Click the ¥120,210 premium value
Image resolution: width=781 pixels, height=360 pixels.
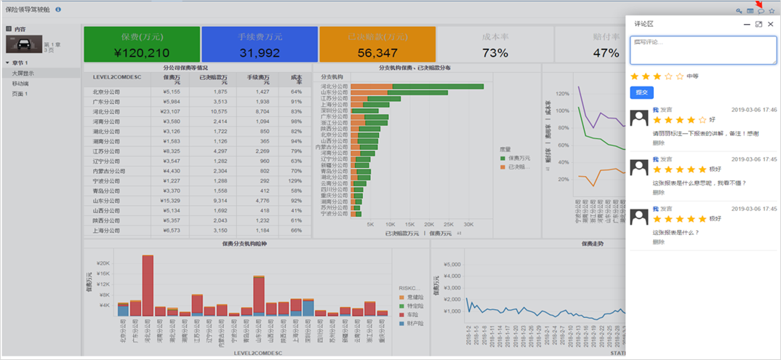coord(142,52)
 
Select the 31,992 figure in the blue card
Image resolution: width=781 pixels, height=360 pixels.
coord(260,52)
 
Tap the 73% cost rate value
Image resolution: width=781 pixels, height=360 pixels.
coord(495,52)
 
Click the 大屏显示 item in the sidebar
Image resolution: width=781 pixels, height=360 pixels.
coord(22,73)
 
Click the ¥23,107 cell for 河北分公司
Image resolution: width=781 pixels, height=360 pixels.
coord(171,111)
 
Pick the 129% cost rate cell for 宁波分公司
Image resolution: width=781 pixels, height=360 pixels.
coord(295,180)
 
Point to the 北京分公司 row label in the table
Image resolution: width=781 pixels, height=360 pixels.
coord(106,92)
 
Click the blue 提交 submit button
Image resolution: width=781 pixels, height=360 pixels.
coord(641,92)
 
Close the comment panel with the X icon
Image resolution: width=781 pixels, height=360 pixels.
coord(771,24)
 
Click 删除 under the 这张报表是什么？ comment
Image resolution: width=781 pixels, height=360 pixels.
coord(658,242)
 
